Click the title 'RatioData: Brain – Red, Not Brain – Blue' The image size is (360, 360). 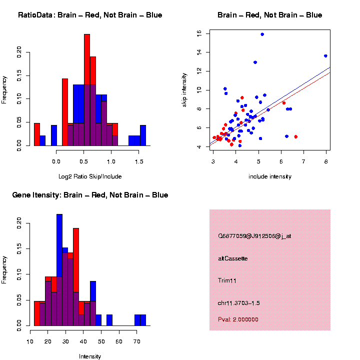click(x=90, y=15)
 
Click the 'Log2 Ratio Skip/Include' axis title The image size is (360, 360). click(x=90, y=176)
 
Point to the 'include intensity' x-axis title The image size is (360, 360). click(x=269, y=176)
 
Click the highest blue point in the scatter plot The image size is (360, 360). click(x=262, y=34)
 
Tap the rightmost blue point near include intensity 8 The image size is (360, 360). click(x=325, y=56)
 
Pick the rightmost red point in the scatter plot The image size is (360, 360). click(x=296, y=136)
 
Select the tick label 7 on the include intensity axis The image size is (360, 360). click(x=303, y=160)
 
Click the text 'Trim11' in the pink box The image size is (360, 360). click(x=227, y=280)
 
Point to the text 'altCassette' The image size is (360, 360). click(x=233, y=258)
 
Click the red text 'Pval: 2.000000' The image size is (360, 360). click(x=238, y=319)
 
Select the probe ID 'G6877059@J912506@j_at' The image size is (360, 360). click(x=254, y=236)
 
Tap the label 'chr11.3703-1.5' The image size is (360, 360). click(x=239, y=303)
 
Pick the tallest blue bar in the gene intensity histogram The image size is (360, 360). click(x=59, y=270)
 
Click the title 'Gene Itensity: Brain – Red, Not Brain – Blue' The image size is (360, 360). click(x=90, y=195)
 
